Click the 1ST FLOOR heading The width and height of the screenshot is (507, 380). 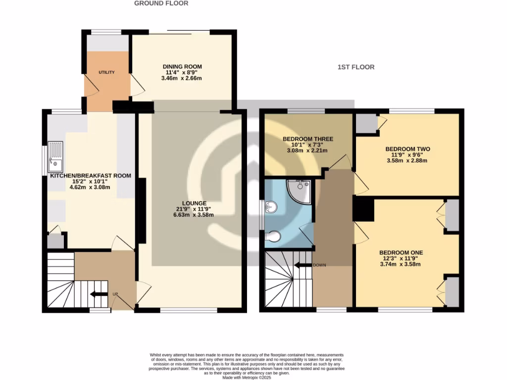[355, 67]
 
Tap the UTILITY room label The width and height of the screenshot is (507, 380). [106, 73]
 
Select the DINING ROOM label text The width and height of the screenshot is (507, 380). [182, 66]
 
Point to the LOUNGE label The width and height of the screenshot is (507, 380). [194, 203]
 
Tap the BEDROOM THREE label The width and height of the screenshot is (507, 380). [307, 139]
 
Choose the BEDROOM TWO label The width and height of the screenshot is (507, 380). [407, 149]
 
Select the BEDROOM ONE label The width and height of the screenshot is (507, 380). [401, 252]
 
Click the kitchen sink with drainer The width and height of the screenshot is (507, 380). [55, 156]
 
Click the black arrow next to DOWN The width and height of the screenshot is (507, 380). [303, 265]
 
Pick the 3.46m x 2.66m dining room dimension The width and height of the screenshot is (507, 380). [182, 78]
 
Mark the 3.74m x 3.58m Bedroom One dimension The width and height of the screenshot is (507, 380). [401, 264]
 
